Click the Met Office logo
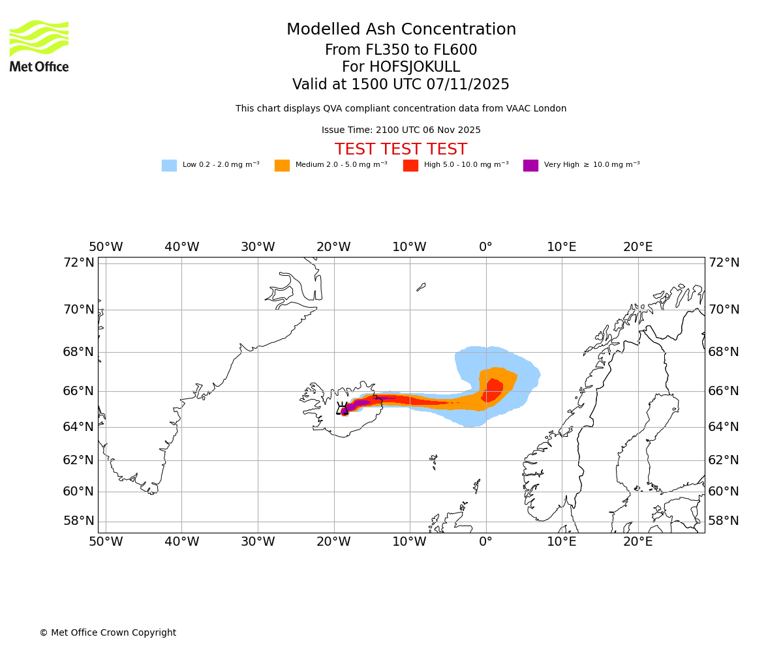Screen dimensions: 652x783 coord(39,46)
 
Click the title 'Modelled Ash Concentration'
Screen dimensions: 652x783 coord(401,30)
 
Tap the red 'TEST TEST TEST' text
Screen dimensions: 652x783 coord(401,150)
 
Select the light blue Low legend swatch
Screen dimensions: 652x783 coord(169,166)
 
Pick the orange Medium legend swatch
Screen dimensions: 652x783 coord(282,166)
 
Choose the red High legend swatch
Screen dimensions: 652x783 coord(410,166)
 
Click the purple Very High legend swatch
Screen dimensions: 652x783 coord(530,166)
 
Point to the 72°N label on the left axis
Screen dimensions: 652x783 coord(78,263)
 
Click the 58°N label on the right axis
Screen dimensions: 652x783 coord(724,521)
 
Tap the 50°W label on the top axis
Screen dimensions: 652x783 coord(106,248)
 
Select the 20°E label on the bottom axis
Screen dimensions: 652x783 coord(637,541)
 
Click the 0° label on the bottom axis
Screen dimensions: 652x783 coord(485,541)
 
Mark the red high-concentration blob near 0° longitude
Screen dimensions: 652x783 coord(493,390)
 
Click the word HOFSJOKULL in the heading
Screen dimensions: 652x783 coord(415,67)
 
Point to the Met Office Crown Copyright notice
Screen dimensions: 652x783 coord(108,633)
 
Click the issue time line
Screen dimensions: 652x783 coord(401,130)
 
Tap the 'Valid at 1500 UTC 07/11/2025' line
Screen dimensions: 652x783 coord(401,85)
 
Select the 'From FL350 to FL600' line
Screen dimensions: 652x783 coord(401,50)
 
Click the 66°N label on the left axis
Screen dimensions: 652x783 coord(78,391)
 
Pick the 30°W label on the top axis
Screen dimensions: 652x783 coord(258,248)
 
